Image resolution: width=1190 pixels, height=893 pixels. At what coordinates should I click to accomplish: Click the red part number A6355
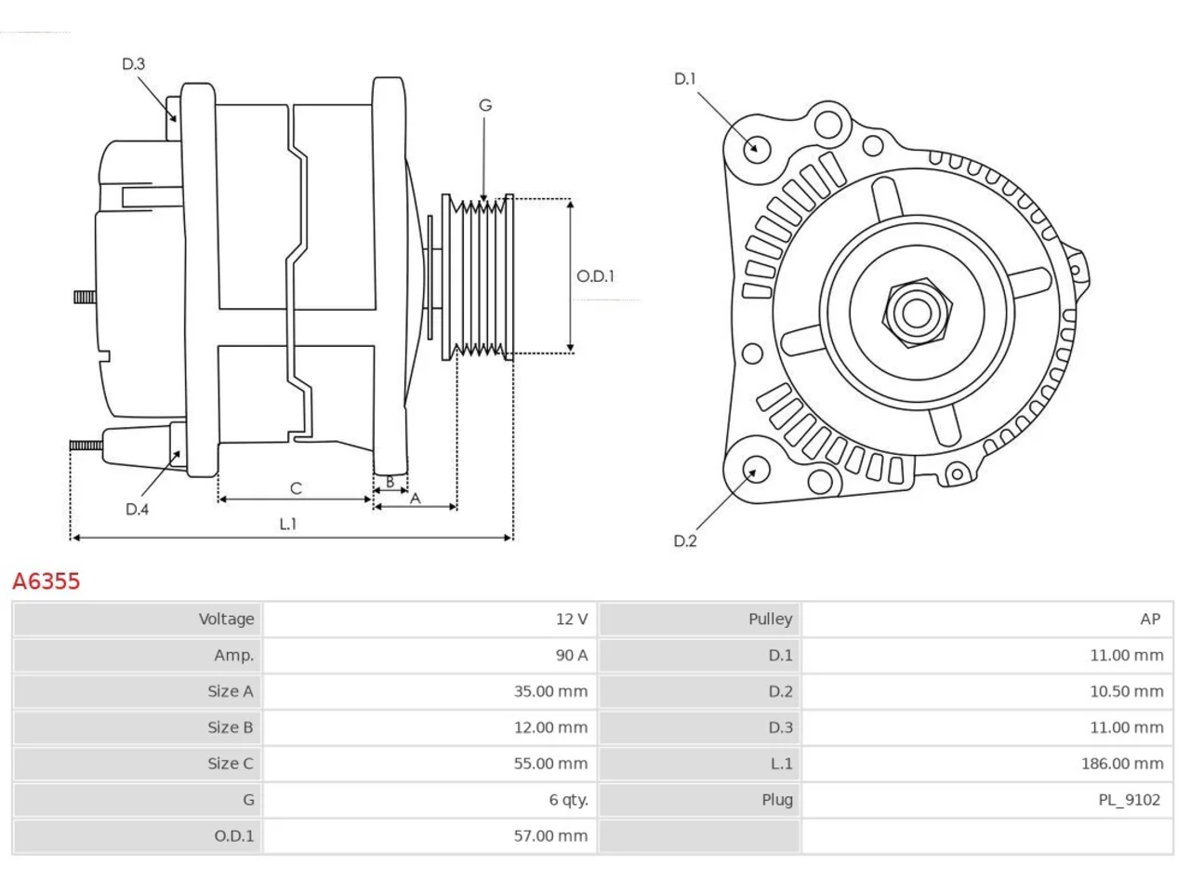click(46, 580)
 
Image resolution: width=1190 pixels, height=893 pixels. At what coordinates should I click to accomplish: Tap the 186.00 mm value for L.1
click(1122, 764)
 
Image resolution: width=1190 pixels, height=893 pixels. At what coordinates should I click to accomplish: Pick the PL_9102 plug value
click(1130, 800)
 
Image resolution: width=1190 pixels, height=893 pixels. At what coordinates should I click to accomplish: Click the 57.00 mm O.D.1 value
click(550, 835)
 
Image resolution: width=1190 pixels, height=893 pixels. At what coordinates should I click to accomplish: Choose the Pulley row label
click(771, 620)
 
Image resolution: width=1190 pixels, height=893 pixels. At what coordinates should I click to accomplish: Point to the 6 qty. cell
click(569, 800)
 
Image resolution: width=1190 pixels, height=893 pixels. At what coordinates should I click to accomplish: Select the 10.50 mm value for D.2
click(1127, 691)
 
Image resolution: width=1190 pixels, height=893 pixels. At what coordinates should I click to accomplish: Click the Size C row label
click(231, 764)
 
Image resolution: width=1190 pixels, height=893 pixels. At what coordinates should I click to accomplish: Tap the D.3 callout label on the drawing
click(133, 64)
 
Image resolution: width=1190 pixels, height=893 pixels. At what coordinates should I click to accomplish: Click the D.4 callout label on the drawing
click(137, 509)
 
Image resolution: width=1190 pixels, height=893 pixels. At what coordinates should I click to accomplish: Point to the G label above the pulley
click(485, 105)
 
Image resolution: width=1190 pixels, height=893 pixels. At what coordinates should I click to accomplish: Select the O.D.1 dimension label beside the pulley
click(595, 276)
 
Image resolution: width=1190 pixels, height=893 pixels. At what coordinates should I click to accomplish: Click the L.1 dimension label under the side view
click(288, 524)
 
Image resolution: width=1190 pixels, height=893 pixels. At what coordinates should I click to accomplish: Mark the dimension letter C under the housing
click(296, 488)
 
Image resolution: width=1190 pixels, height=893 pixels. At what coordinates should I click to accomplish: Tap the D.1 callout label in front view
click(685, 79)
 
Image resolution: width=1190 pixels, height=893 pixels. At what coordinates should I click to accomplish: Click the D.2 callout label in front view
click(685, 540)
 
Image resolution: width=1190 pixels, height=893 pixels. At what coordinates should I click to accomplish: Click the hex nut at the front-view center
click(917, 313)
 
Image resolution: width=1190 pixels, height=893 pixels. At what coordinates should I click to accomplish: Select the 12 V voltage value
click(572, 620)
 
